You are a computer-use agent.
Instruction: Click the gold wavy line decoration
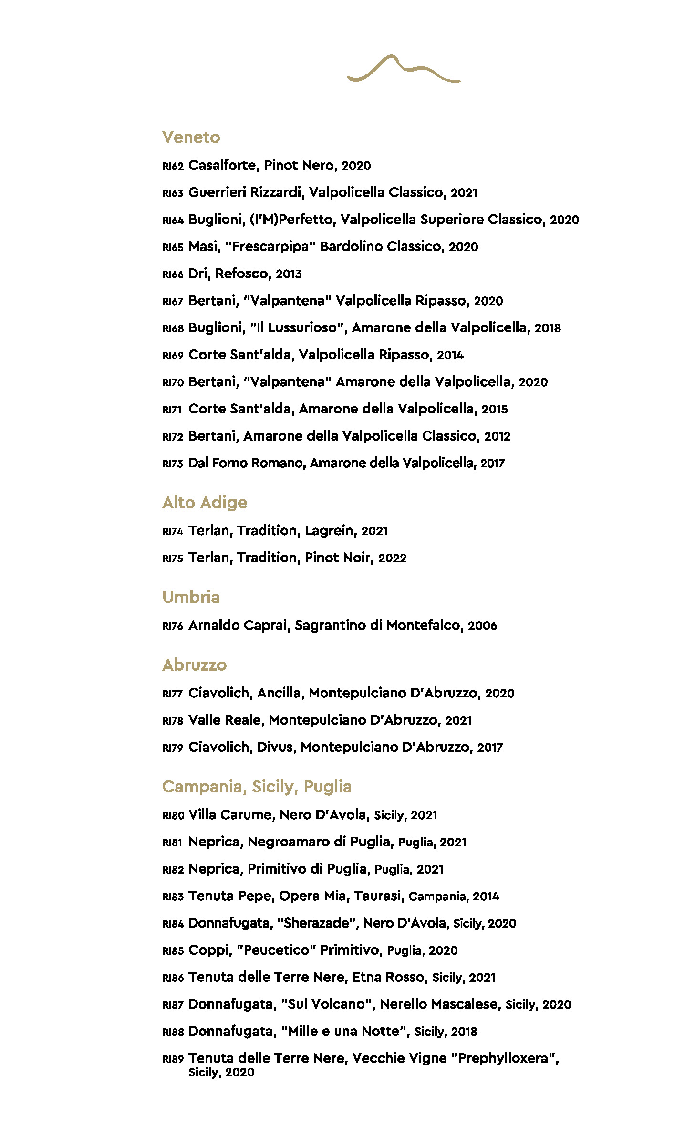tap(404, 69)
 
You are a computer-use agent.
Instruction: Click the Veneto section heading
tap(191, 137)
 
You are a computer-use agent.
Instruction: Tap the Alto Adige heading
tap(204, 503)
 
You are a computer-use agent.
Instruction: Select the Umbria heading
tap(191, 597)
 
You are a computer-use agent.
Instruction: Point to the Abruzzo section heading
tap(194, 665)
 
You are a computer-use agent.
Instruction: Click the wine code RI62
tap(173, 166)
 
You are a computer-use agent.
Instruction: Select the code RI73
tap(173, 464)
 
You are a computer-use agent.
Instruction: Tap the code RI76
tap(173, 626)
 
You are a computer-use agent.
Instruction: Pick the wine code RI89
tap(173, 1059)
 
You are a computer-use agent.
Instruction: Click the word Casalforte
tap(223, 165)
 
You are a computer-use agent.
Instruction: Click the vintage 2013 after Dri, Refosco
tap(289, 274)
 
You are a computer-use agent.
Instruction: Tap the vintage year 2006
tap(482, 626)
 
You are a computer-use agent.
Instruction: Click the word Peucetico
tap(277, 950)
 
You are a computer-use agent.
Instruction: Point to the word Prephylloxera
tap(504, 1059)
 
